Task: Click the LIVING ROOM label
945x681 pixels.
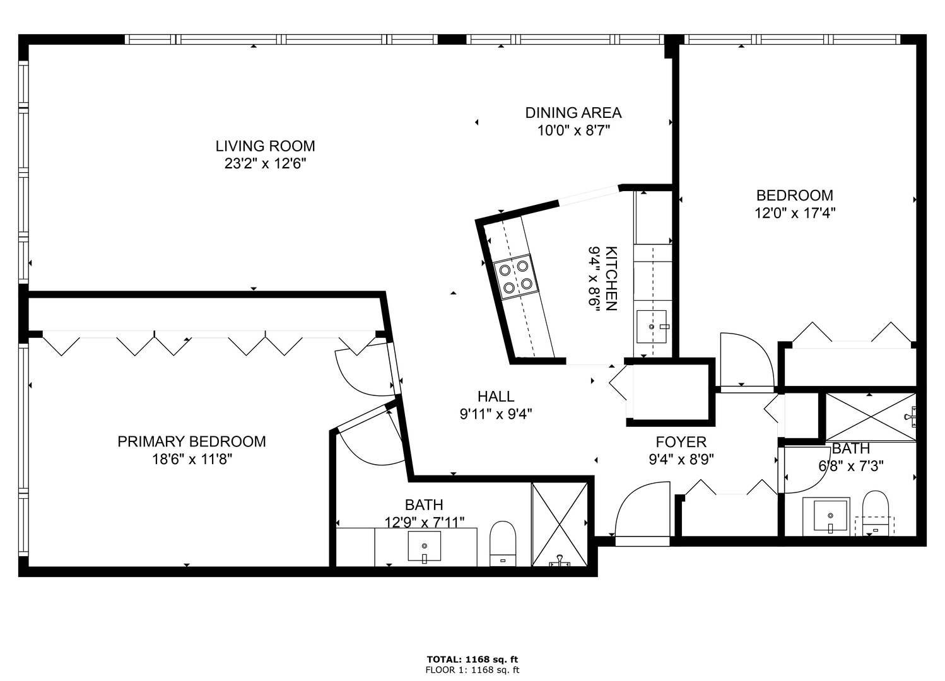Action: coord(265,146)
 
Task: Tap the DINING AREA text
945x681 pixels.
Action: coord(573,113)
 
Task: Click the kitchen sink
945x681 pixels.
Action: coord(652,326)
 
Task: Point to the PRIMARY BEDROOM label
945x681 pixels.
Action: coord(192,441)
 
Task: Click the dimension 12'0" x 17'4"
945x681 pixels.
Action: coord(795,213)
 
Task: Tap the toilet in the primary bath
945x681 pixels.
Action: coord(503,542)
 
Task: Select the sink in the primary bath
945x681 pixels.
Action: coord(425,546)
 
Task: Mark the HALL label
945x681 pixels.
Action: coord(496,397)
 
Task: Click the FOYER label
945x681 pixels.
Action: coord(681,442)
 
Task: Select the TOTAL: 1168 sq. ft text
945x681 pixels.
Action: coord(472,660)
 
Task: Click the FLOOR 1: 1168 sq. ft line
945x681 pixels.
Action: coord(472,670)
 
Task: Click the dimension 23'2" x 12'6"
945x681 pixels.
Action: coord(265,164)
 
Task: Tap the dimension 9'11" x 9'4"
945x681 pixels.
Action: coord(496,414)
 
